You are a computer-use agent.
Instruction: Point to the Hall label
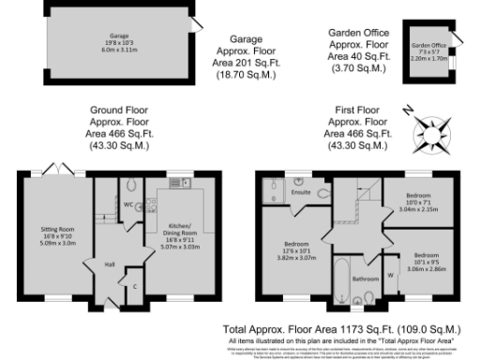pos(109,264)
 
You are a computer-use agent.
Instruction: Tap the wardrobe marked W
pos(390,275)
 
